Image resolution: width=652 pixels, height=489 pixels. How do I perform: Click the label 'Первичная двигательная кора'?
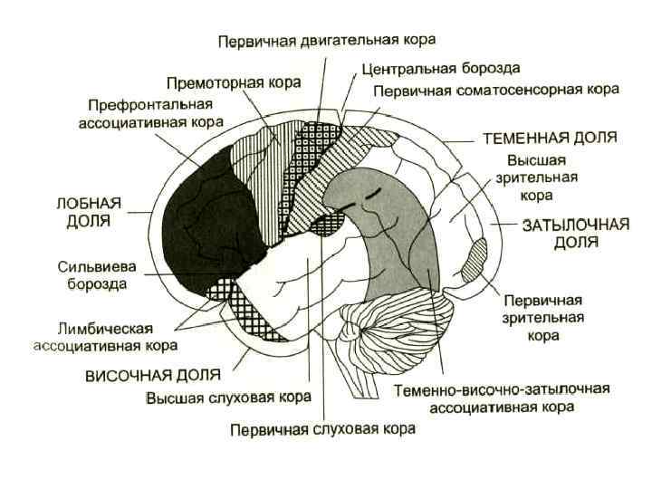pyautogui.click(x=327, y=40)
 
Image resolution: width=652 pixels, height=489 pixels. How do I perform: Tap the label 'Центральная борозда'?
pyautogui.click(x=440, y=68)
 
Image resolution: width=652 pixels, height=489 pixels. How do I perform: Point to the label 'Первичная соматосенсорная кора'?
pyautogui.click(x=495, y=91)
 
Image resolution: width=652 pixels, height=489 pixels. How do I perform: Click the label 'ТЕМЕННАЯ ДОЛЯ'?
pyautogui.click(x=550, y=139)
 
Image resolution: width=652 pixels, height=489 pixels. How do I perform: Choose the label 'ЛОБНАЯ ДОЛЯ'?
pyautogui.click(x=90, y=212)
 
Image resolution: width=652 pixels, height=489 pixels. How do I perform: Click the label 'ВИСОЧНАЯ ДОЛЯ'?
pyautogui.click(x=153, y=375)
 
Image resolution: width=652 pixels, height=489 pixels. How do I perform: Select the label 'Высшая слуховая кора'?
pyautogui.click(x=228, y=397)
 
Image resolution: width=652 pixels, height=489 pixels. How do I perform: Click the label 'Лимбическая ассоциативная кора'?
pyautogui.click(x=105, y=335)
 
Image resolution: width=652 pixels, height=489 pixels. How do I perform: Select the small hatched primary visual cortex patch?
pyautogui.click(x=475, y=258)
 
